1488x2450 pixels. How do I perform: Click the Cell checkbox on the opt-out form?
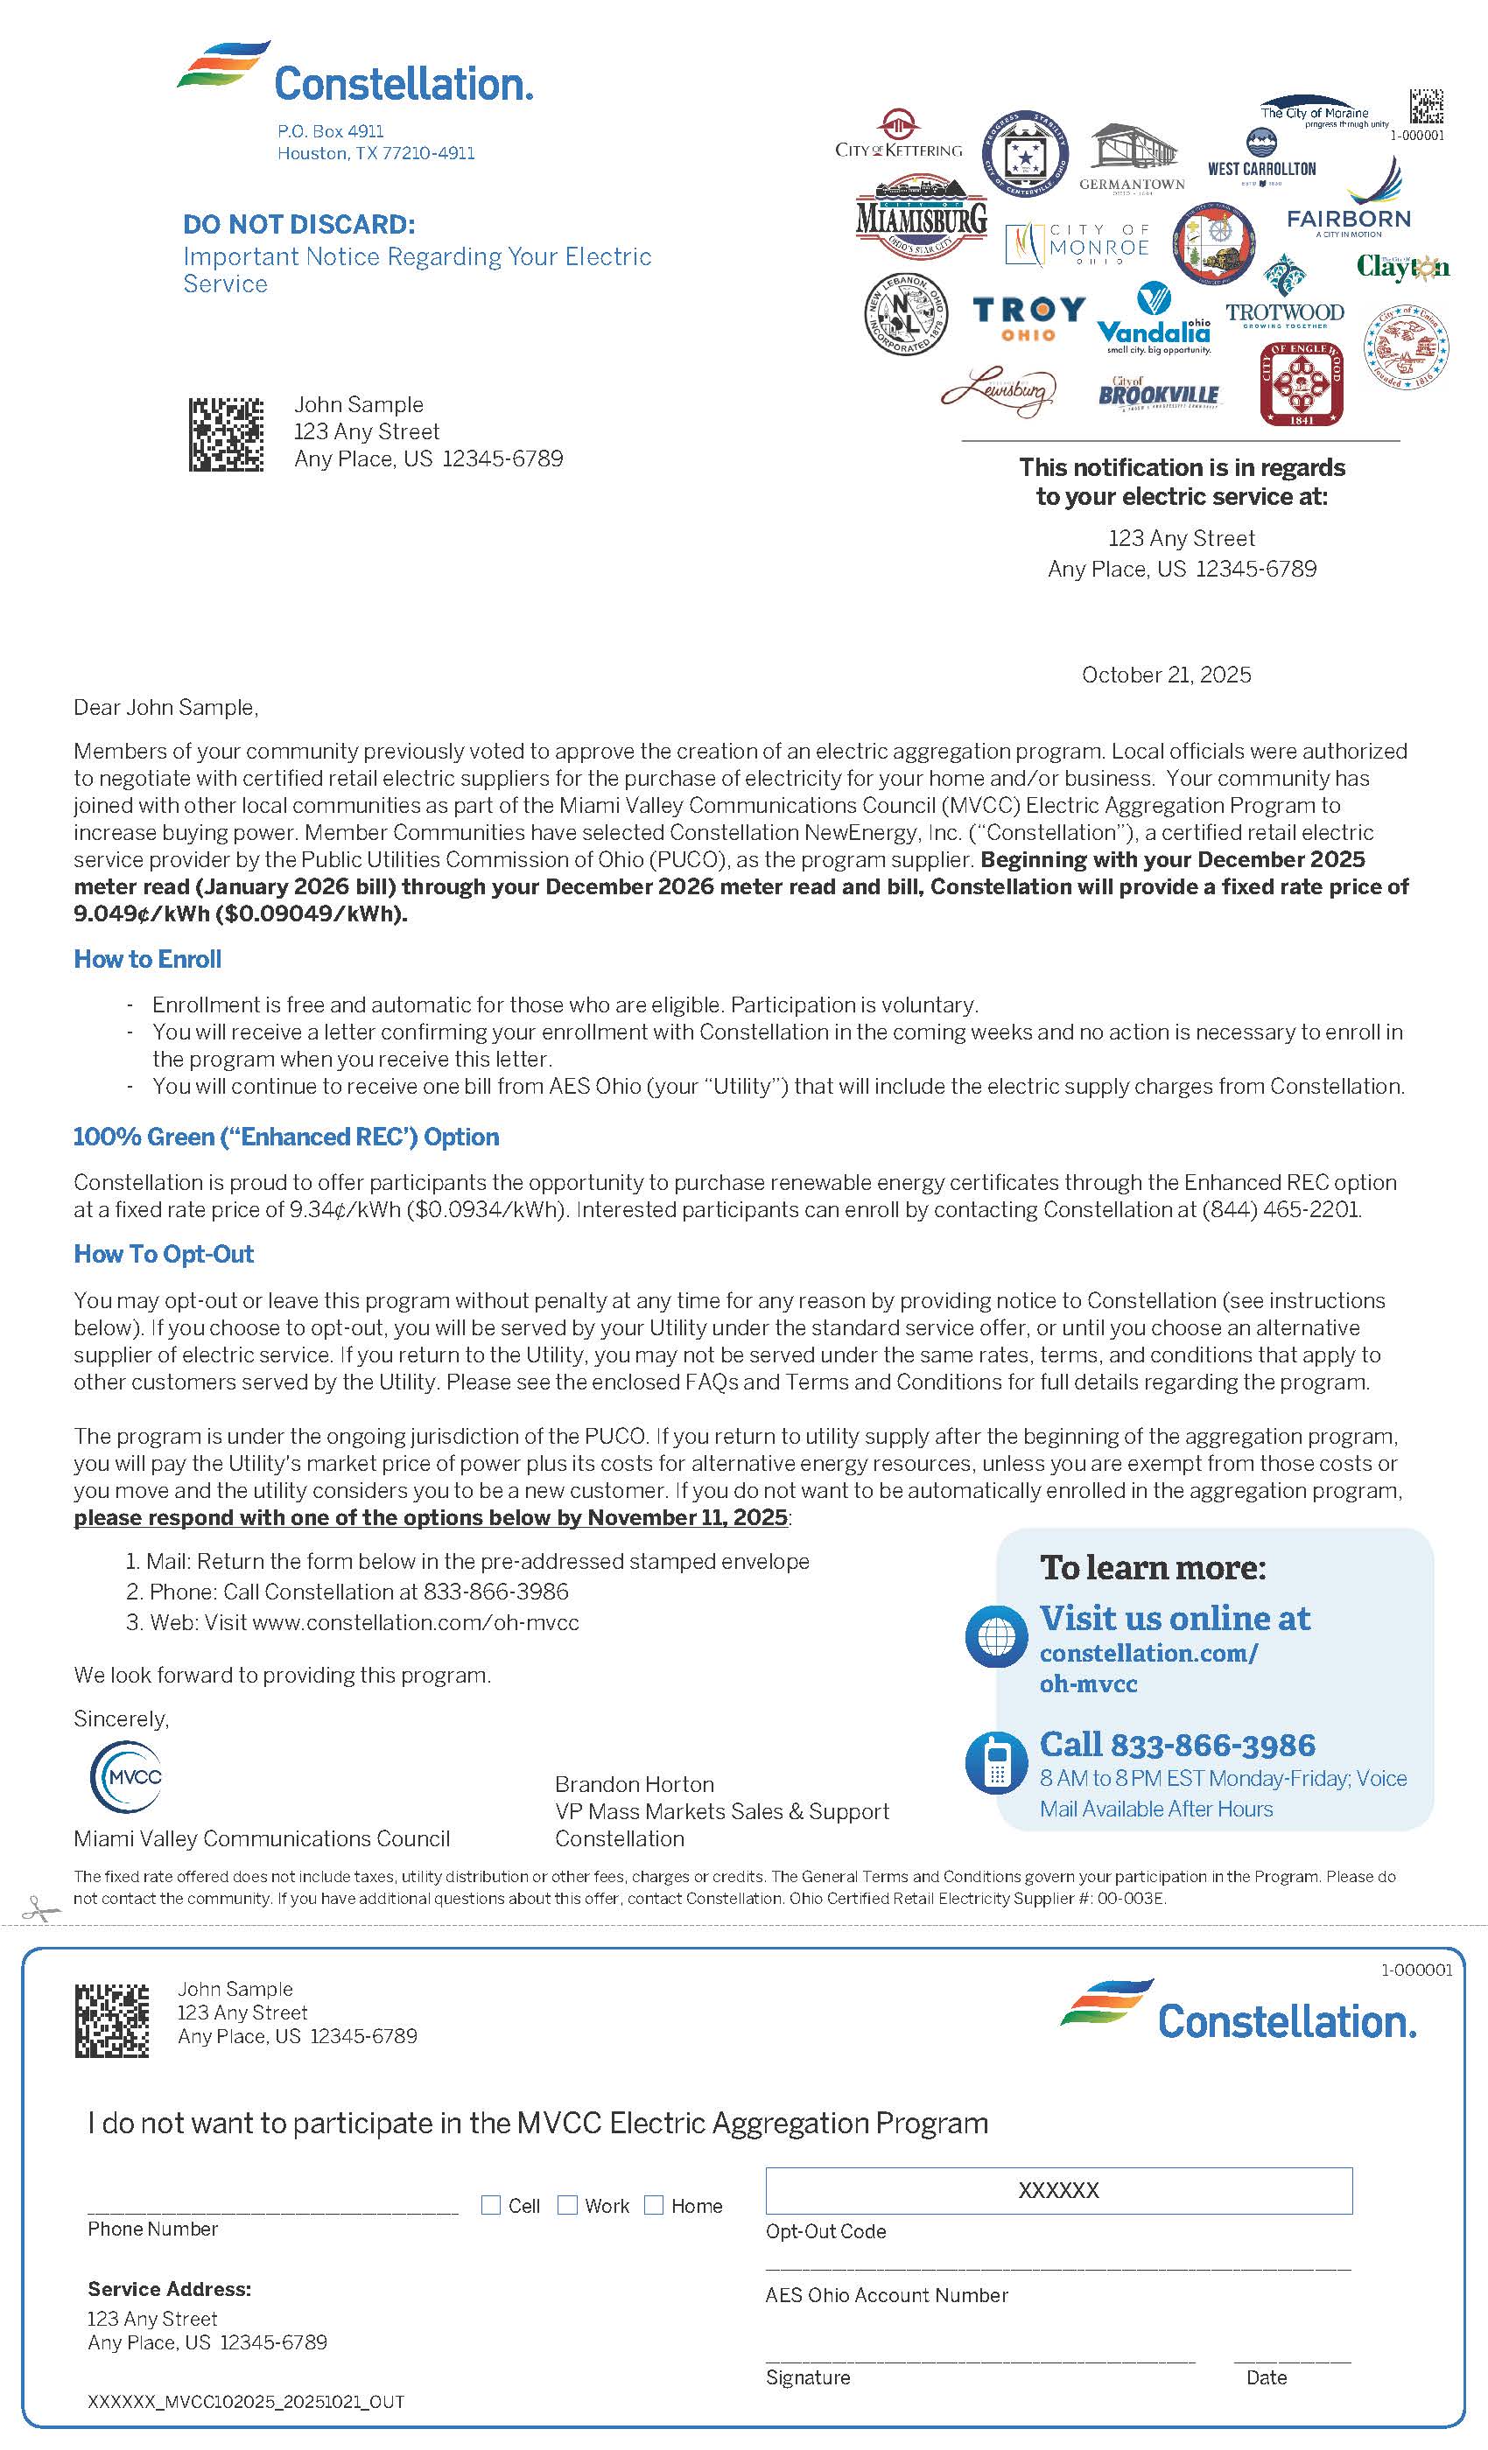[490, 2205]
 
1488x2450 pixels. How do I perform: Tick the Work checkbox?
[567, 2205]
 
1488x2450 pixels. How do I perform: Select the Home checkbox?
[654, 2205]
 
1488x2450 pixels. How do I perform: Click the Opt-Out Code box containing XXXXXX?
[1058, 2190]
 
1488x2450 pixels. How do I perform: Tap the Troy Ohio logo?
[1028, 318]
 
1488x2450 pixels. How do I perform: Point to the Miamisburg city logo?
[921, 217]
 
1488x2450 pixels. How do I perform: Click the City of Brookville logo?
[1158, 394]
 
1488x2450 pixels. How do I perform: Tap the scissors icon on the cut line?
[39, 1909]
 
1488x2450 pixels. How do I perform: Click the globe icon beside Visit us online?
[996, 1636]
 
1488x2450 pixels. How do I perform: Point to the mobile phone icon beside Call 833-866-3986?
[996, 1763]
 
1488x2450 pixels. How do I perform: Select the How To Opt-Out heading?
[163, 1254]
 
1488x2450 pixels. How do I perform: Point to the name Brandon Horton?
[634, 1784]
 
